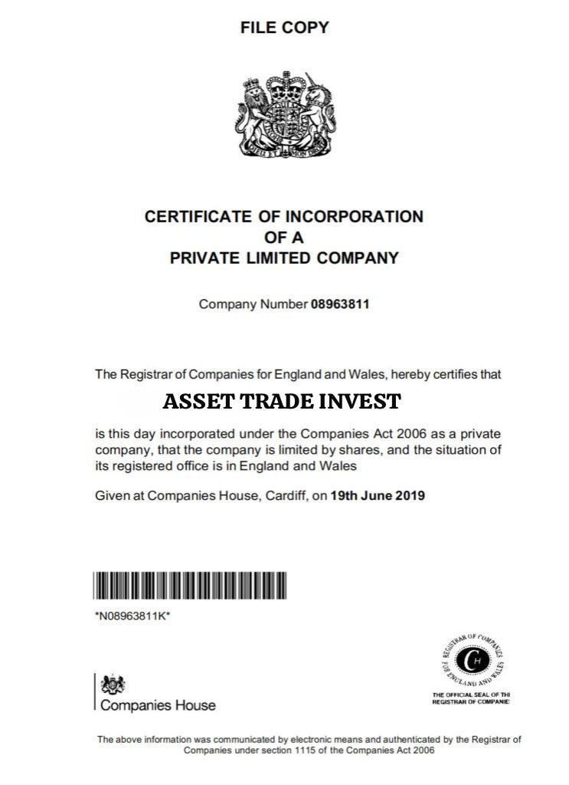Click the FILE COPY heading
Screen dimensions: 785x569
point(284,28)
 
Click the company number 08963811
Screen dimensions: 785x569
point(340,304)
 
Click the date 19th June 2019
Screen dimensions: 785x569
point(378,495)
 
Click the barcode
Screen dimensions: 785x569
point(191,586)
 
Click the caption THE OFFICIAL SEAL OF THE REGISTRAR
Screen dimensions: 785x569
point(472,698)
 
